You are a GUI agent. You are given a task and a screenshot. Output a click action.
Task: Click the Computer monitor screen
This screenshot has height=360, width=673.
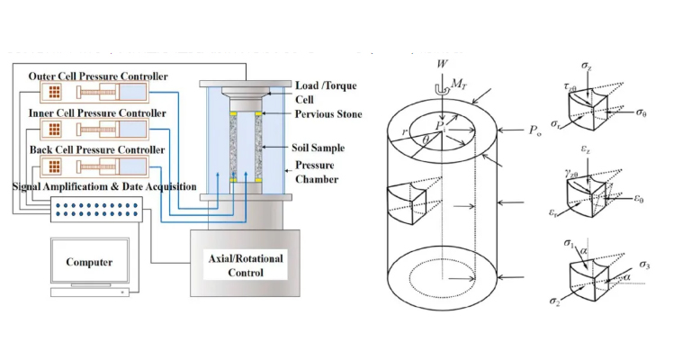click(88, 262)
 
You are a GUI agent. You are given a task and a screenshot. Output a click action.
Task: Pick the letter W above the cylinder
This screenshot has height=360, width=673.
click(438, 64)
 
